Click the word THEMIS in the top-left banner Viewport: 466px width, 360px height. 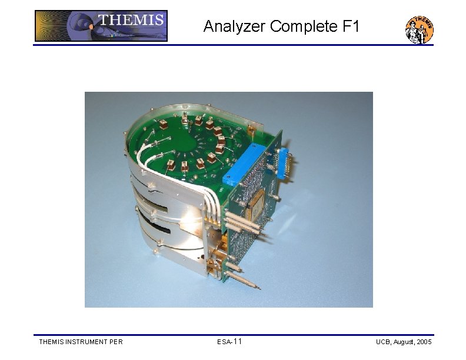coord(131,20)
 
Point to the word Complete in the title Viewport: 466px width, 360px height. coord(300,26)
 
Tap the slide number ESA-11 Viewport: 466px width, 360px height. coord(229,342)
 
